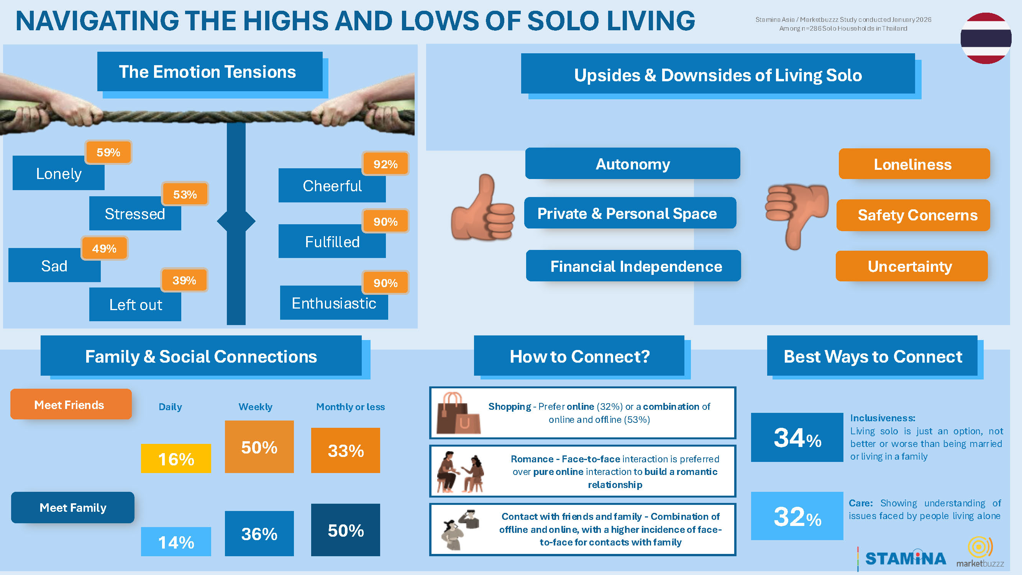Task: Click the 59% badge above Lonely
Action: click(x=108, y=152)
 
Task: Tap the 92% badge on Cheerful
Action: click(x=385, y=164)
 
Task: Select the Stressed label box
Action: click(x=135, y=214)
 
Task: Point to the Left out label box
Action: click(x=135, y=304)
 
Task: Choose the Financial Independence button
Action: click(x=633, y=266)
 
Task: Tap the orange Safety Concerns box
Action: click(x=913, y=215)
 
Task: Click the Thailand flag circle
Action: click(x=986, y=38)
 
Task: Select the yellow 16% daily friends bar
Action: click(x=176, y=458)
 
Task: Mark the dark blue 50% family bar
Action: click(x=345, y=530)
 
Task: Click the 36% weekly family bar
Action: click(x=259, y=533)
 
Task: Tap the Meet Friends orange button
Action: click(x=71, y=404)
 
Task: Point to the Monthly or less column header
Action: click(x=350, y=407)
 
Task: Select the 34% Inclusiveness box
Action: click(x=797, y=437)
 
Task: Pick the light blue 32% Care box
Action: click(x=797, y=516)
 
